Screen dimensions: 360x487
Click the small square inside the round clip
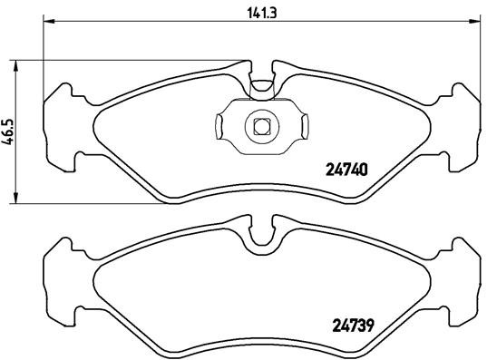(261, 126)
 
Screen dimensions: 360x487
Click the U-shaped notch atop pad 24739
(261, 236)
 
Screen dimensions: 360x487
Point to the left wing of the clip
(224, 126)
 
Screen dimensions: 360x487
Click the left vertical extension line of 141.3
(44, 54)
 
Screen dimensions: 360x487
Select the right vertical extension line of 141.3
(482, 54)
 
